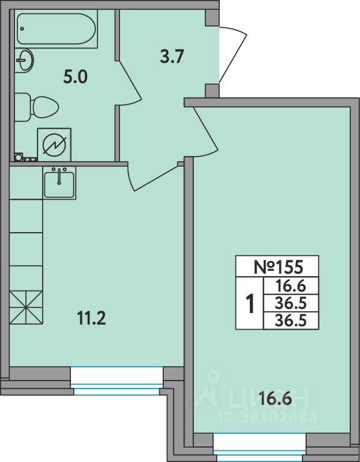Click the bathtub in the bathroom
pyautogui.click(x=56, y=28)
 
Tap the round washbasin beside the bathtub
pyautogui.click(x=24, y=60)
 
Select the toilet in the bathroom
pyautogui.click(x=36, y=107)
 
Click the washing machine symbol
pyautogui.click(x=54, y=145)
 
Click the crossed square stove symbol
pyautogui.click(x=26, y=308)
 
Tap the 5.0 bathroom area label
pyautogui.click(x=76, y=77)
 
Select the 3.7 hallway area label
pyautogui.click(x=172, y=57)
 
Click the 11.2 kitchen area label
pyautogui.click(x=91, y=318)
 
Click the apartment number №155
pyautogui.click(x=278, y=267)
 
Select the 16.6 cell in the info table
pyautogui.click(x=291, y=286)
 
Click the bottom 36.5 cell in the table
pyautogui.click(x=291, y=321)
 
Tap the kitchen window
pyautogui.click(x=117, y=381)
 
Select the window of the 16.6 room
pyautogui.click(x=260, y=447)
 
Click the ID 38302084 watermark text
pyautogui.click(x=268, y=417)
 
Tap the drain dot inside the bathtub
pyautogui.click(x=22, y=28)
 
